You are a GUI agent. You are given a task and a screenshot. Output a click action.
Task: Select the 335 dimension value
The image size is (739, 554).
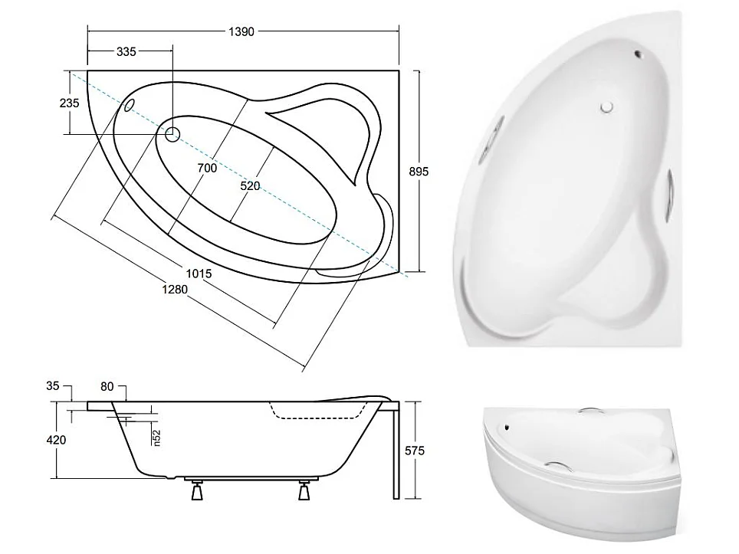click(126, 52)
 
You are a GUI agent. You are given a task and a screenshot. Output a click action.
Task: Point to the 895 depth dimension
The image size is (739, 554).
click(418, 172)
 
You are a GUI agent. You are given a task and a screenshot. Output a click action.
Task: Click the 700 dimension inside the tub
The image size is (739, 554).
click(206, 168)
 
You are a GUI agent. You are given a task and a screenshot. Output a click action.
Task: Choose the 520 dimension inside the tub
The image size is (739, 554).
click(250, 186)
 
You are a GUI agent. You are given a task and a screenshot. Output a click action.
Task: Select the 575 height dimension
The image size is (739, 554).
click(415, 451)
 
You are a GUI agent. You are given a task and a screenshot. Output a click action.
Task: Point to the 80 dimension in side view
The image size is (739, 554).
click(107, 387)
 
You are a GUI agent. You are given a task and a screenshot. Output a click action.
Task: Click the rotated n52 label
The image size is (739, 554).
click(156, 437)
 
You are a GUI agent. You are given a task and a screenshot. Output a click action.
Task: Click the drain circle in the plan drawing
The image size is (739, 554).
click(172, 135)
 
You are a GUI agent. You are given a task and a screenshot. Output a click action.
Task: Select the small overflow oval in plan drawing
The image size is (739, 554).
click(130, 103)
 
